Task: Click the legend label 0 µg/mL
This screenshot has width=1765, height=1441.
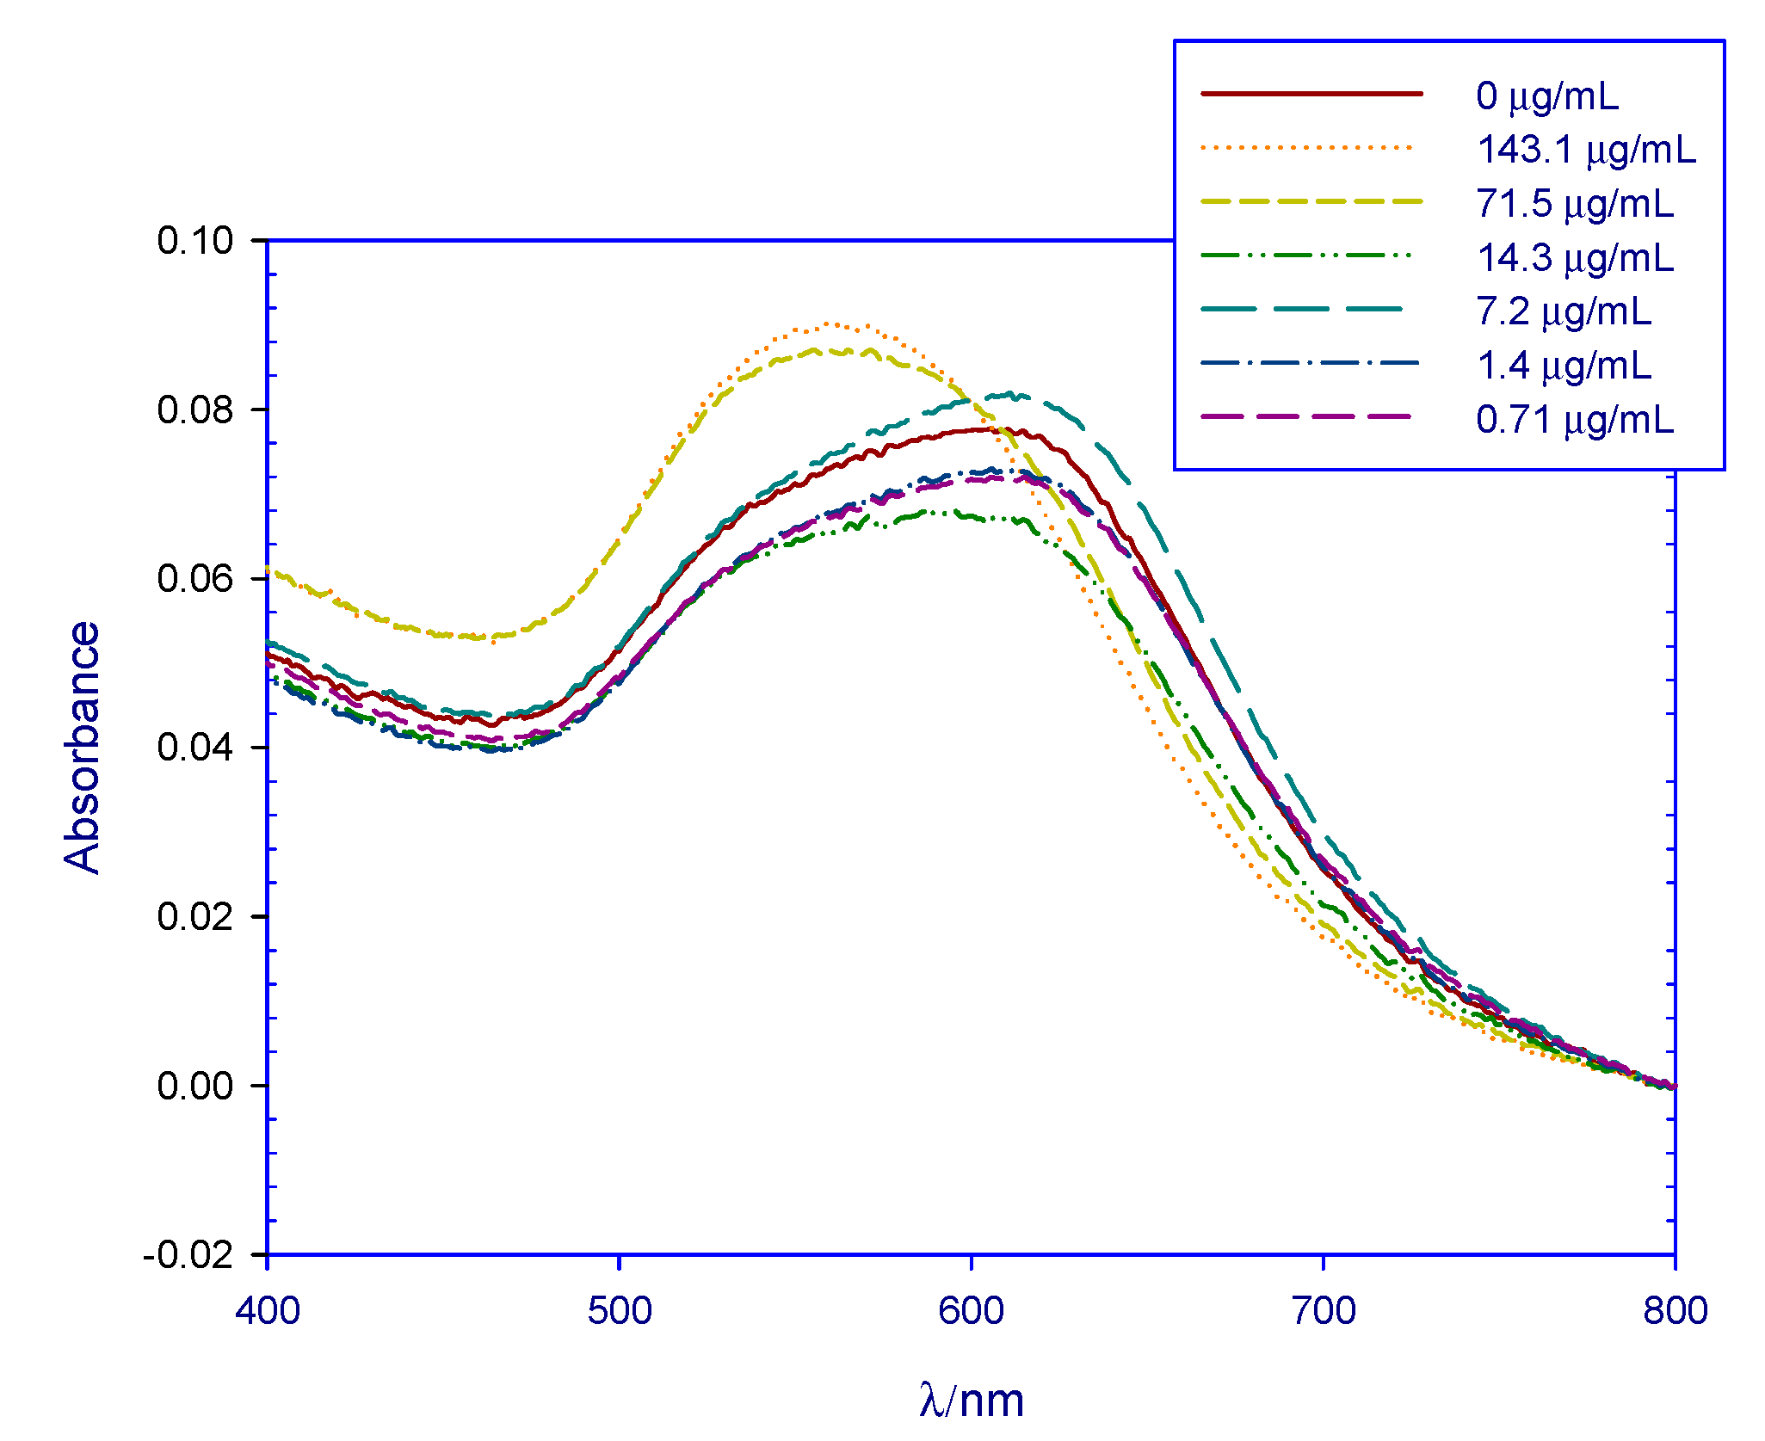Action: pos(1546,95)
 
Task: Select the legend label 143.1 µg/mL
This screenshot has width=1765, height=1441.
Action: pos(1586,150)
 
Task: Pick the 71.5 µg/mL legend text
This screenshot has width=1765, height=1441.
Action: pos(1575,204)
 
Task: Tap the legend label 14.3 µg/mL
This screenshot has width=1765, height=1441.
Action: pos(1575,258)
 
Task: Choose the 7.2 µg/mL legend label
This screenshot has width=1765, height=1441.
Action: pos(1564,311)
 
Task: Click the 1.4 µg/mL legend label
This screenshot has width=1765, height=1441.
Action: pos(1564,366)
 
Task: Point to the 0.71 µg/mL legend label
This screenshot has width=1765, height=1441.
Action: pos(1575,420)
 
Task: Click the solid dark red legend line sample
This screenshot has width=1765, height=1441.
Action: pos(1311,93)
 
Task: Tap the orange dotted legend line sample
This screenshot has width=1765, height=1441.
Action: pos(1306,147)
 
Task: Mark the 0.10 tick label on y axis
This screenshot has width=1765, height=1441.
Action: pos(195,240)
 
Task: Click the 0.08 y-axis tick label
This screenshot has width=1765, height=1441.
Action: pos(195,410)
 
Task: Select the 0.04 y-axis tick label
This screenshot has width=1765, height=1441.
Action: pos(195,747)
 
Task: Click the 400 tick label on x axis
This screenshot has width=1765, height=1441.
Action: pos(268,1311)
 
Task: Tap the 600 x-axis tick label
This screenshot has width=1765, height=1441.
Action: pos(971,1311)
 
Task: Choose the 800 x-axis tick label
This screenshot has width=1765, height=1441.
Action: pos(1675,1311)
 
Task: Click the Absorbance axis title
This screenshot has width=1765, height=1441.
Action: pos(83,747)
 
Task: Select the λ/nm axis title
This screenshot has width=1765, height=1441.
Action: pos(971,1400)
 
